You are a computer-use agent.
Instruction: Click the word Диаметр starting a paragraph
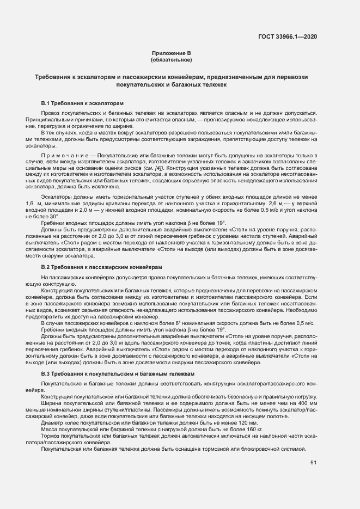coord(53,422)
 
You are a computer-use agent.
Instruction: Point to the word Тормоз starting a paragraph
coord(52,436)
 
